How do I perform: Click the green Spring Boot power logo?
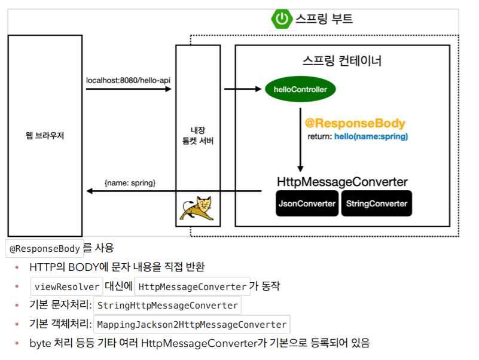[281, 19]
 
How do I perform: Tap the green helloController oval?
[300, 90]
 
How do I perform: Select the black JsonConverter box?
[307, 204]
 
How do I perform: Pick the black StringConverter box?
[377, 204]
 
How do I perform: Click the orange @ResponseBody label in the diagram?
[355, 124]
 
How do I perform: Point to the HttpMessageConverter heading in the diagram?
[342, 182]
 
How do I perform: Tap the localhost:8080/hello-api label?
[129, 80]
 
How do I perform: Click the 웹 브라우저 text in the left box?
[45, 136]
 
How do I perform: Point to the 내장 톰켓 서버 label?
[197, 136]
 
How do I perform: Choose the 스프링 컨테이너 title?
[342, 61]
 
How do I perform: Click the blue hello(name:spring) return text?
[371, 137]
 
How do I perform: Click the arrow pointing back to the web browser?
[173, 191]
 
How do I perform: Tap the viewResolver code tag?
[67, 286]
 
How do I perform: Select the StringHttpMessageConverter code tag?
[167, 306]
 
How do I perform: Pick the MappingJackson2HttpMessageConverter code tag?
[191, 325]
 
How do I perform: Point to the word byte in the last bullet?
[41, 343]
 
